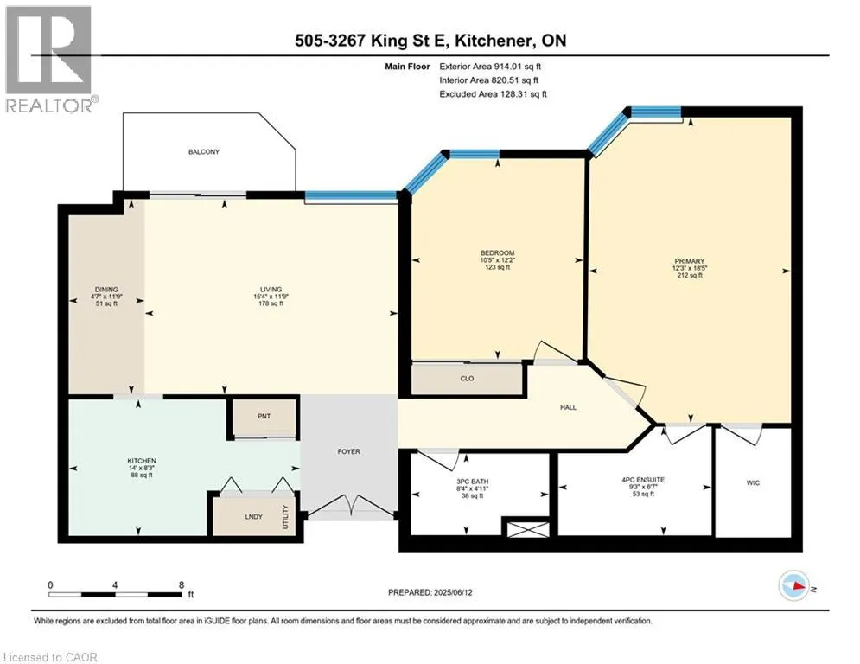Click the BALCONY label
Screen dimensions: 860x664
click(203, 151)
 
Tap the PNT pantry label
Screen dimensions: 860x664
click(264, 416)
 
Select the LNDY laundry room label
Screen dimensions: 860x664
click(253, 516)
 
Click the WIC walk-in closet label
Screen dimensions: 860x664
click(753, 482)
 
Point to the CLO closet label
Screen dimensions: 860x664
click(467, 378)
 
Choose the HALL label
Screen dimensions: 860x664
click(568, 407)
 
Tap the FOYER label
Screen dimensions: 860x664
click(349, 451)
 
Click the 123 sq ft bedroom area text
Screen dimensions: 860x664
click(498, 267)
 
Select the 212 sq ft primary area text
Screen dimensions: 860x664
click(690, 276)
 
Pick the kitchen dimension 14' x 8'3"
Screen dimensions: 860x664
click(142, 468)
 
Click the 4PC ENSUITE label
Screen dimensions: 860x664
click(643, 480)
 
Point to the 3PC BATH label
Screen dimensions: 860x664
click(472, 482)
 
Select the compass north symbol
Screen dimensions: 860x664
click(794, 585)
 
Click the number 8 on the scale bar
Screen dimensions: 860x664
click(181, 585)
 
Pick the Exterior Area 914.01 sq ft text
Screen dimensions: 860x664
click(490, 67)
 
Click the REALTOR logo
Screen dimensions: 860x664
click(50, 60)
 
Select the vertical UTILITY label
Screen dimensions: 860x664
click(285, 517)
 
